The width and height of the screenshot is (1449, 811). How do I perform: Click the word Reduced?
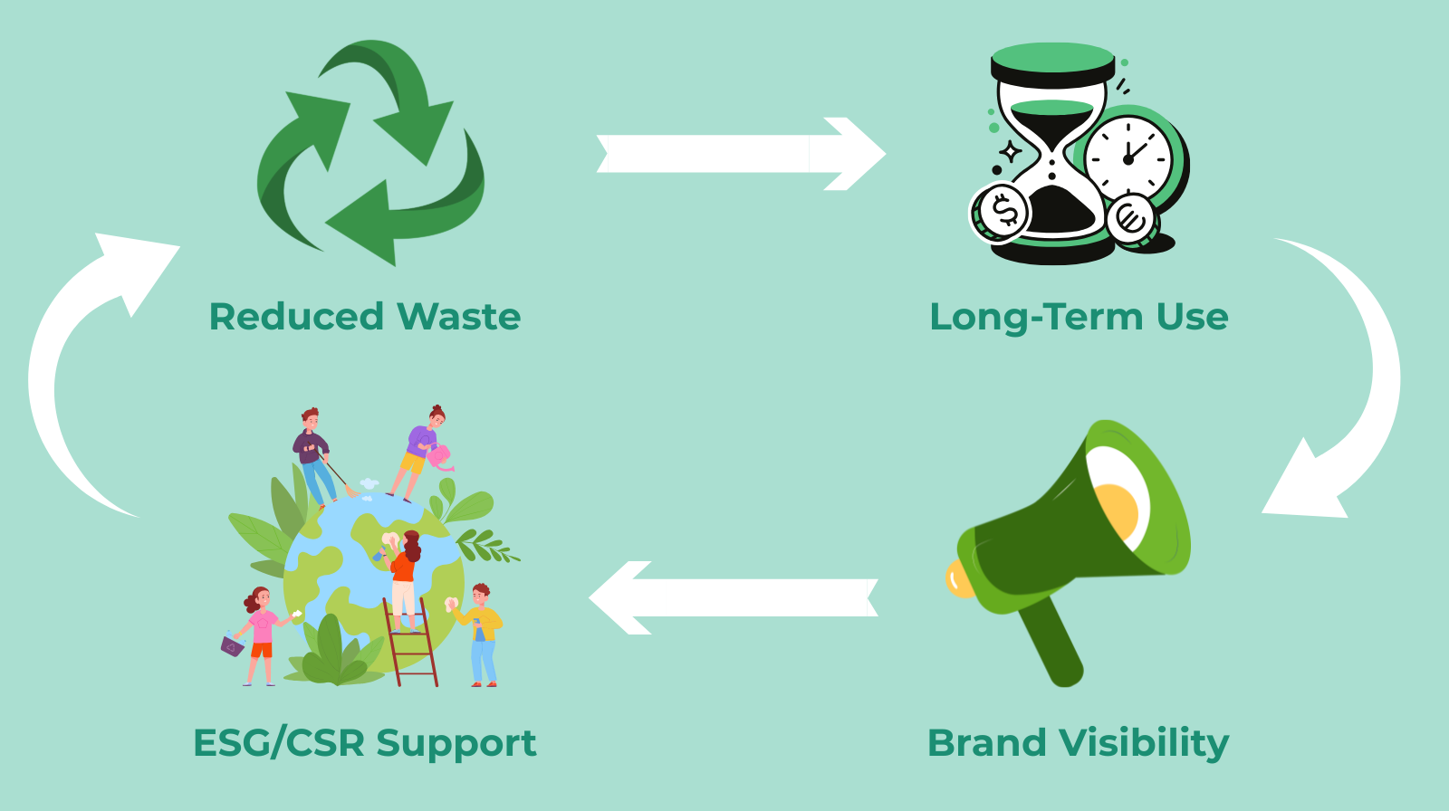[297, 317]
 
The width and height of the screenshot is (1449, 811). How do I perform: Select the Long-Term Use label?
[1079, 317]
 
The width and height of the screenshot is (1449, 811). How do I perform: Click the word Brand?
[987, 743]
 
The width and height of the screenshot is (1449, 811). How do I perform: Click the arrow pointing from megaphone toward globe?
[734, 597]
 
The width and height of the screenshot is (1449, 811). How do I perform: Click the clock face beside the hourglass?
[1128, 158]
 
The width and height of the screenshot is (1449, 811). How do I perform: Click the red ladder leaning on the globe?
[412, 643]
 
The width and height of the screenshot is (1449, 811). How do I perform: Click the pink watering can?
[441, 457]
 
